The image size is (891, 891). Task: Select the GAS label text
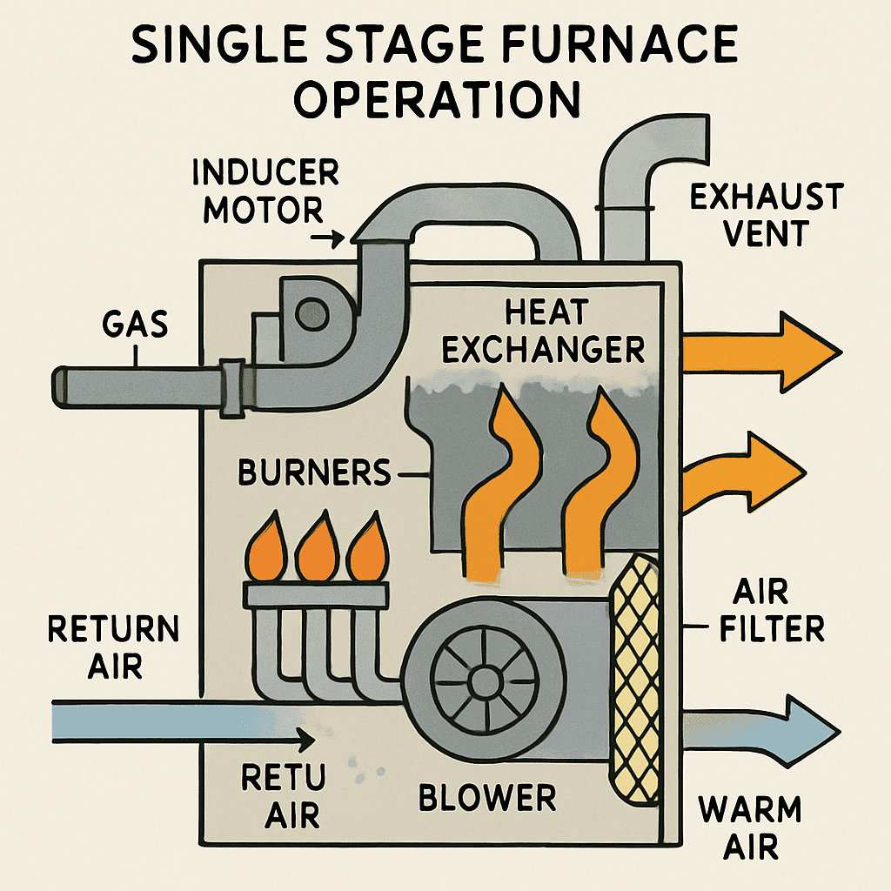135,326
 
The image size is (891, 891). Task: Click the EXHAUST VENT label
765,214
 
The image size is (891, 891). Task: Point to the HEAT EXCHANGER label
543,331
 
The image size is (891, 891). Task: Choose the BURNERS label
314,473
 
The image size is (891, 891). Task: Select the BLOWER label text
486,796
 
